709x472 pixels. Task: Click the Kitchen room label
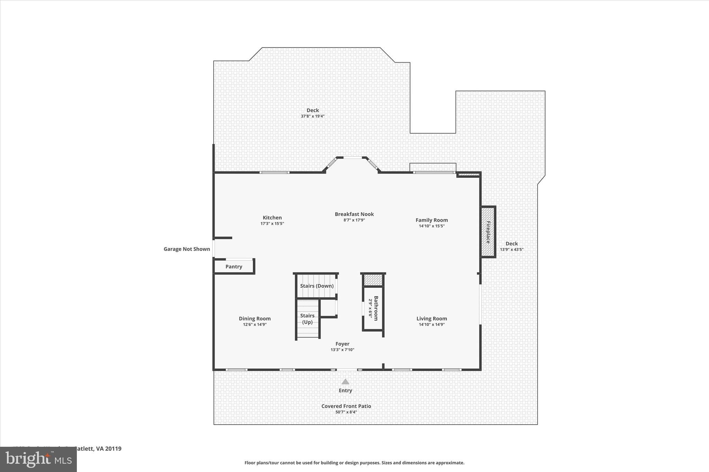(272, 218)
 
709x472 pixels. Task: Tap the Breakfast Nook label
(354, 214)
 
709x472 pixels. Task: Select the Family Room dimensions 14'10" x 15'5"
(431, 226)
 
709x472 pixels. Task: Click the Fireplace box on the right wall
(488, 232)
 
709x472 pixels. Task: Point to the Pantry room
(234, 267)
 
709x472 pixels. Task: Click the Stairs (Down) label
(317, 286)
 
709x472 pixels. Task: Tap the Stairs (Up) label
(307, 319)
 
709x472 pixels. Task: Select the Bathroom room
(373, 308)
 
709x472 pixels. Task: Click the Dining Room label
(255, 318)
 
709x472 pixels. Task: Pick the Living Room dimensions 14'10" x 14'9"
(431, 324)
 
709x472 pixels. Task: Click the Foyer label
(342, 344)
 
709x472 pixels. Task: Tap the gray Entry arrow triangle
(345, 382)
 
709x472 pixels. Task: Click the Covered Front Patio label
(346, 406)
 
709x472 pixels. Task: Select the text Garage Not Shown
(187, 249)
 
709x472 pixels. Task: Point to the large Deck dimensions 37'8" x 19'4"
(313, 116)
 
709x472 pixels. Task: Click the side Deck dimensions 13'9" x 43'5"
(511, 249)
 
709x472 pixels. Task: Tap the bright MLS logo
(38, 459)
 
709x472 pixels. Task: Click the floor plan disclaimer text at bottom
(354, 463)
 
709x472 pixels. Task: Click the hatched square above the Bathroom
(373, 280)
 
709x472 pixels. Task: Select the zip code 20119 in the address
(113, 449)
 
